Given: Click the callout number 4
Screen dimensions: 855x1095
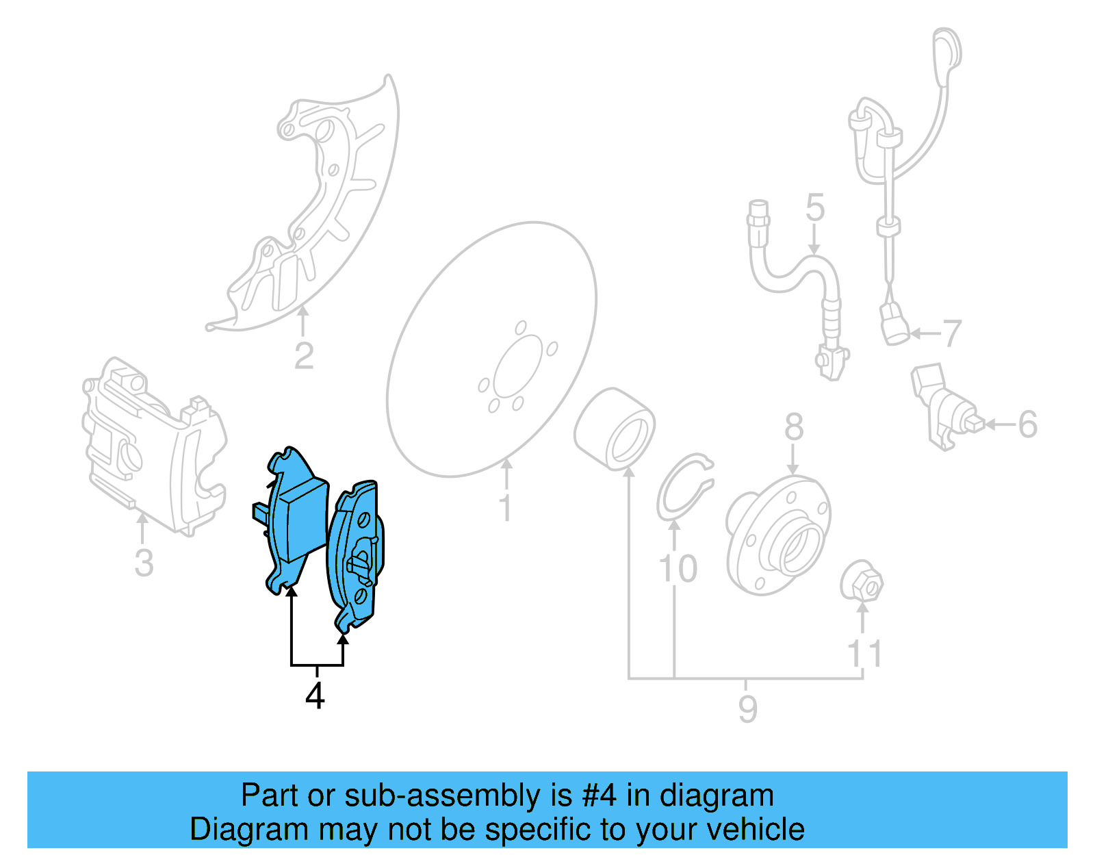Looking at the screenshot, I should (314, 696).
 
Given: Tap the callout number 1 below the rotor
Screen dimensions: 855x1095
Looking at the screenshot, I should (505, 508).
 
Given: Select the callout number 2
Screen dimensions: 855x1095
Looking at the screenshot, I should (304, 356).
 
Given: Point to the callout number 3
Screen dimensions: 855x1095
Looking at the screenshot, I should (143, 563).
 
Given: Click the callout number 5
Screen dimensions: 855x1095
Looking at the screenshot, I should (814, 207).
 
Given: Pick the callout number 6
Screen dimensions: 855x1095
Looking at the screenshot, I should (1027, 424).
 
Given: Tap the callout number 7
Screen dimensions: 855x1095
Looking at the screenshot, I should (952, 333).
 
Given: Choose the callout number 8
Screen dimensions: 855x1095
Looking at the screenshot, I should (793, 427).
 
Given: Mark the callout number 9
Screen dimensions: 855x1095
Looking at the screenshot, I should (747, 709).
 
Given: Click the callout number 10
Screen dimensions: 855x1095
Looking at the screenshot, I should (677, 568).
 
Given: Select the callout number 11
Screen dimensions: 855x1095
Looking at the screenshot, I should (864, 654).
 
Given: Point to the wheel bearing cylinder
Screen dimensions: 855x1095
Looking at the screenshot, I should (615, 429).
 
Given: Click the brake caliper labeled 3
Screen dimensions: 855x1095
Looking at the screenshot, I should (154, 445).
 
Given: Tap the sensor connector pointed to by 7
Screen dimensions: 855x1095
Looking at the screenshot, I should (894, 324).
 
